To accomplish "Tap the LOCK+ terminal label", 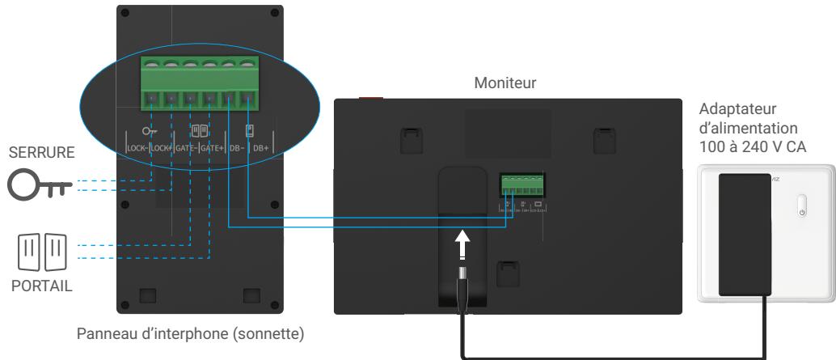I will tap(158, 148).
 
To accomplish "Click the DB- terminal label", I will tap(236, 148).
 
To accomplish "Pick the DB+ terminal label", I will tap(260, 148).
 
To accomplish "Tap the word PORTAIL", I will tap(33, 286).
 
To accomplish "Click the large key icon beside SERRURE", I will tap(38, 185).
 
